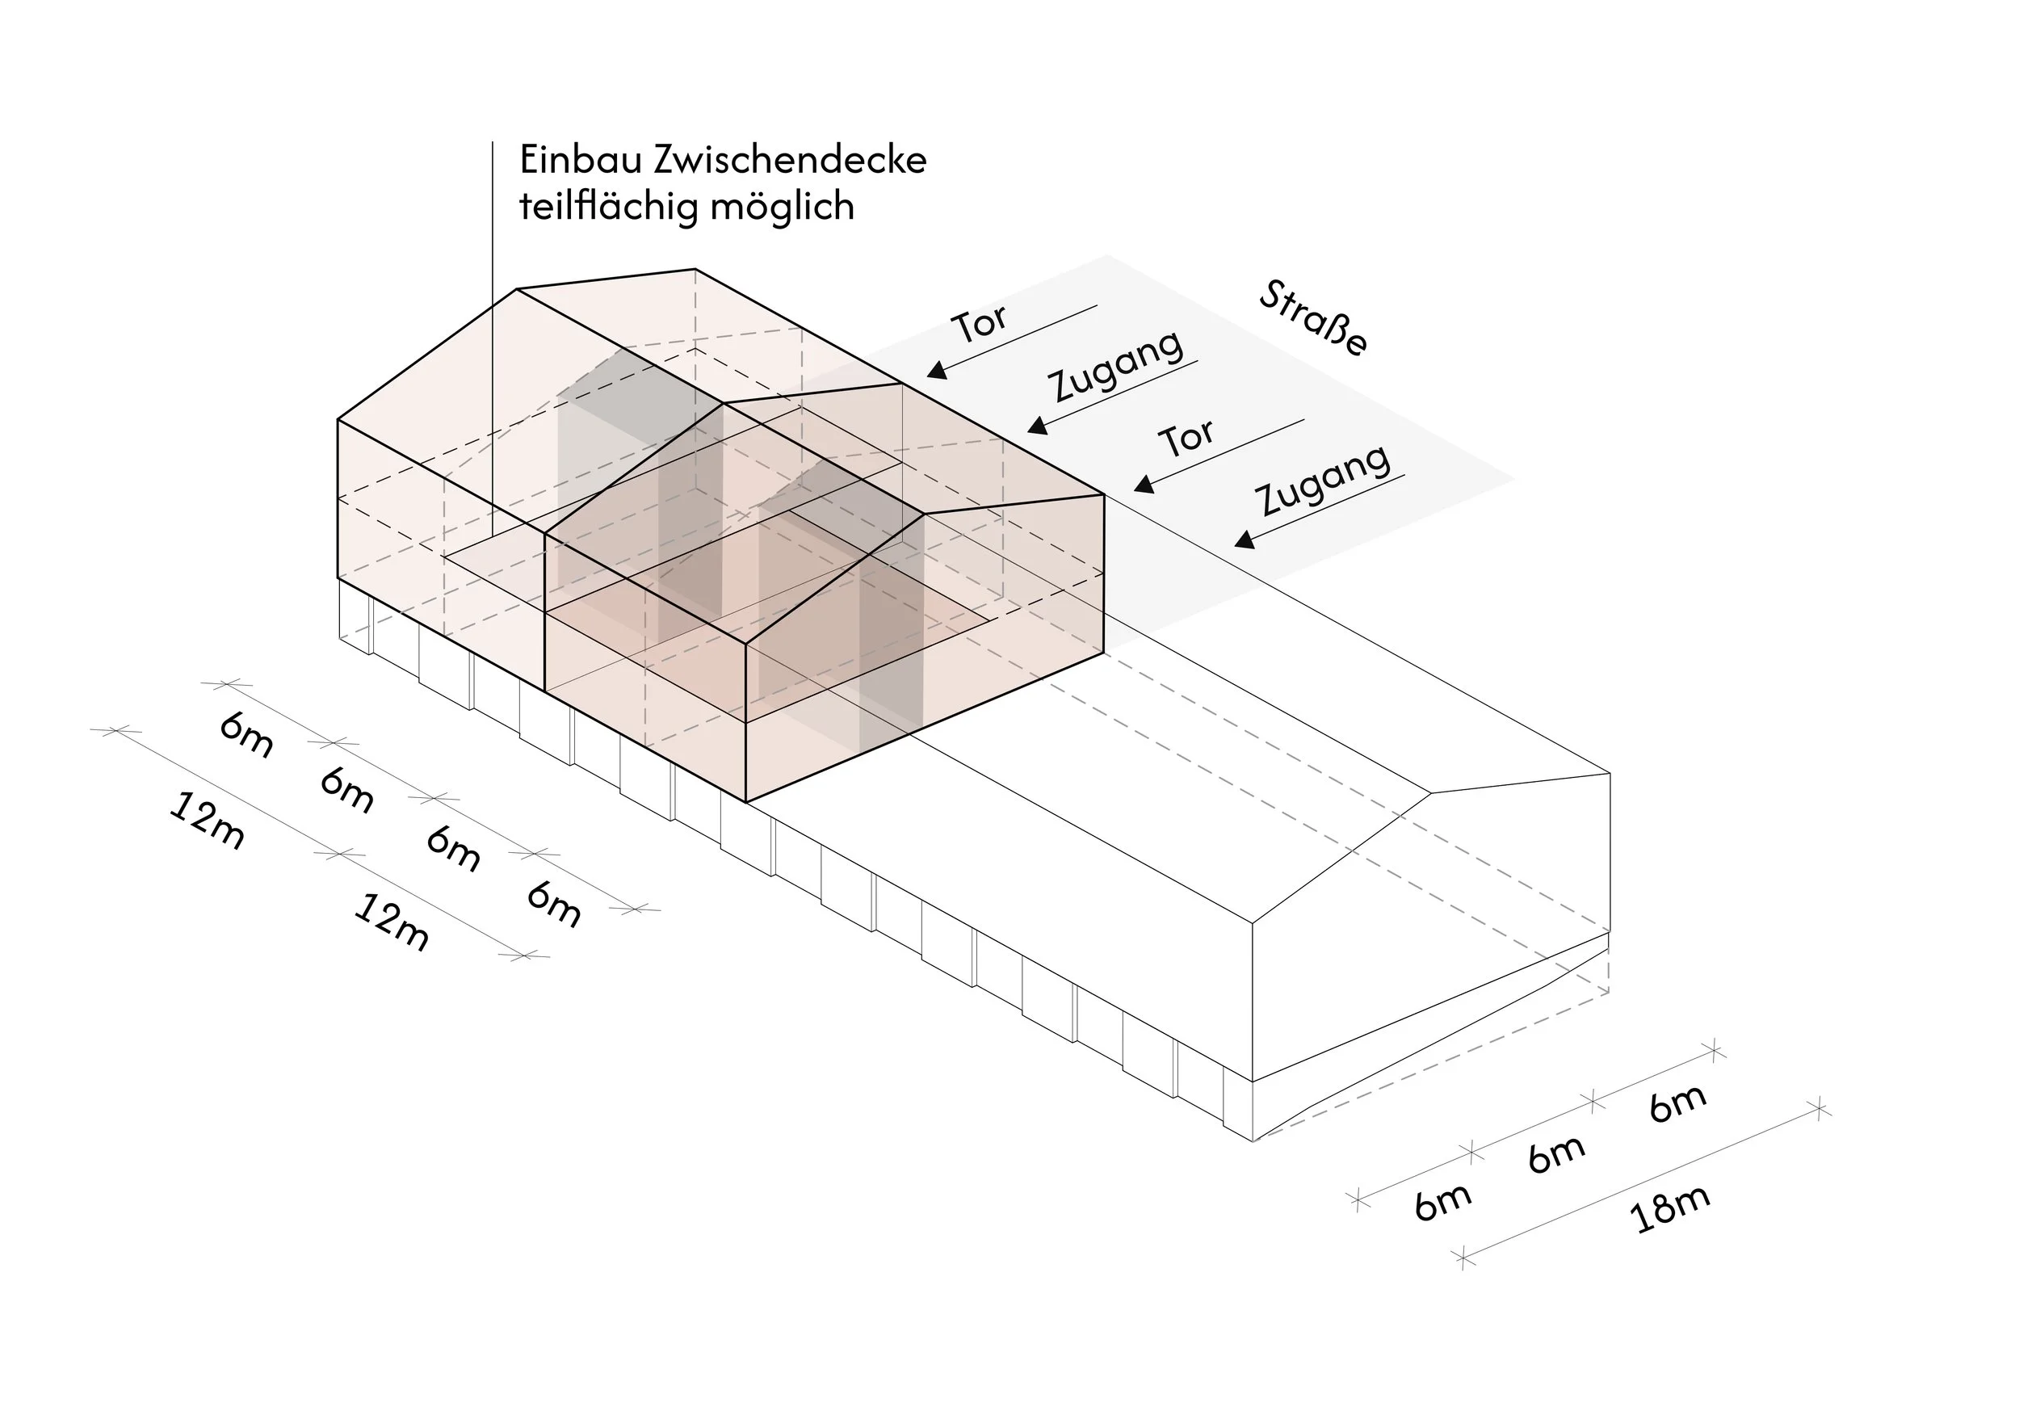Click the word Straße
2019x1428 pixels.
[1313, 319]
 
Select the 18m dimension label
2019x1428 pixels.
[1669, 1209]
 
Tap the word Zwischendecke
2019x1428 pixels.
[789, 160]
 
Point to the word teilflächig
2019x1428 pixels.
[606, 207]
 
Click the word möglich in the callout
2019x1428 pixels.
[782, 207]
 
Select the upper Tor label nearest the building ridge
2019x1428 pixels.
[980, 325]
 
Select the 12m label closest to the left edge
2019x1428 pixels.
[206, 821]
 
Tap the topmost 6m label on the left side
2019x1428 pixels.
[246, 735]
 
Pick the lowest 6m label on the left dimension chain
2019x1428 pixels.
[554, 903]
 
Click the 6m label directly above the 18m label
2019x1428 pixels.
[1555, 1153]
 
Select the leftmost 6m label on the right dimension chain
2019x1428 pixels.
[1442, 1202]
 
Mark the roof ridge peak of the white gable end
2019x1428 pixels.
[1432, 793]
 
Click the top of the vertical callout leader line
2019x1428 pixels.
[493, 142]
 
